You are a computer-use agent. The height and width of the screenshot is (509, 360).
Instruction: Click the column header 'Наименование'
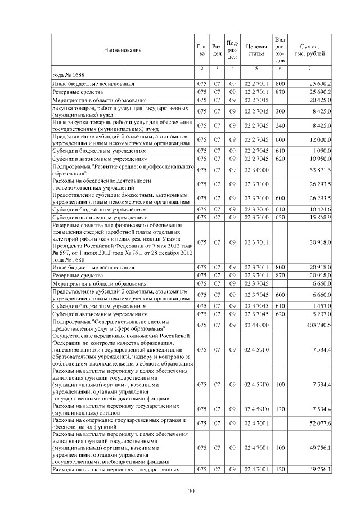(122, 50)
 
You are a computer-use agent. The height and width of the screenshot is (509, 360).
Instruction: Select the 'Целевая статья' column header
(255, 50)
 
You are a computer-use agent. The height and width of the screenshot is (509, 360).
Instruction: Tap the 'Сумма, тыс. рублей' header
(309, 50)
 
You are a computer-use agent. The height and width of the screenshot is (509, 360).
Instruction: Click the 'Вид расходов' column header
(280, 49)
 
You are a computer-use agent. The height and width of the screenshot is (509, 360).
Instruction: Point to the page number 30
(191, 491)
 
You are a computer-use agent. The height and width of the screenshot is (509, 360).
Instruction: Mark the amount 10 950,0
(321, 159)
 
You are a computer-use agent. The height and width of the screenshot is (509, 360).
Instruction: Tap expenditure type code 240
(280, 125)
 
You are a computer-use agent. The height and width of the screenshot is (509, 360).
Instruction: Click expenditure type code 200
(280, 111)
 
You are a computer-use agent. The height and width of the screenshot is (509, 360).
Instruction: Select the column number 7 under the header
(309, 68)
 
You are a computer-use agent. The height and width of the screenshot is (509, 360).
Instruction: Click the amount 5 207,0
(322, 314)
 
